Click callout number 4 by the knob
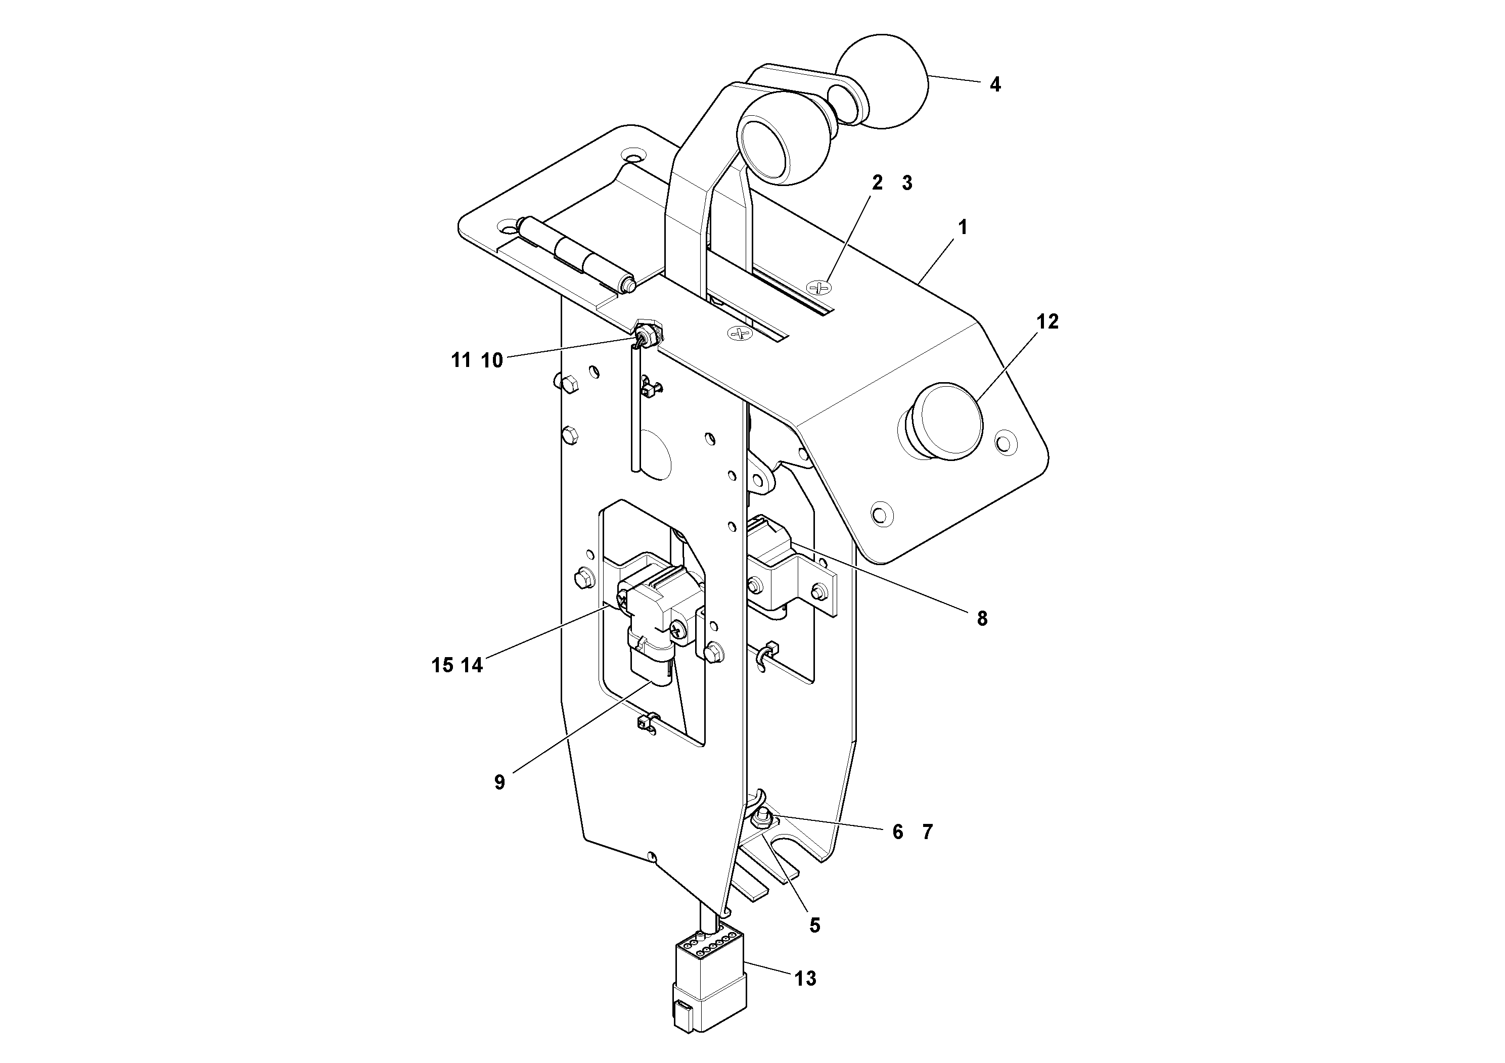994,84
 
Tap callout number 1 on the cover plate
962,227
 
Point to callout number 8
981,618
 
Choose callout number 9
499,782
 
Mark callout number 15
442,665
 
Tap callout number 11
461,360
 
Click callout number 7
927,831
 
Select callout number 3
906,183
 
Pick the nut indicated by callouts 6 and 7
762,817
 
